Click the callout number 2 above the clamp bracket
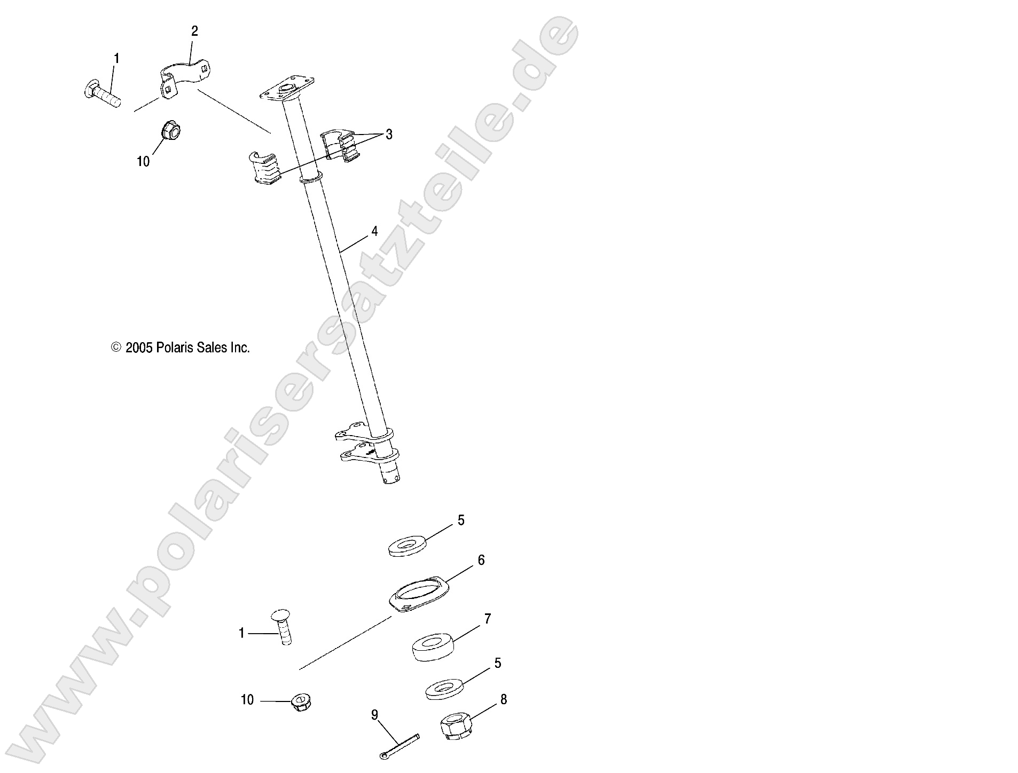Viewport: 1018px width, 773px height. point(194,31)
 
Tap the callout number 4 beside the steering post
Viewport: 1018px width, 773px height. point(374,231)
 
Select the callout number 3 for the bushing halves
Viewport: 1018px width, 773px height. point(389,135)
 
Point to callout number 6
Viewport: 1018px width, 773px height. point(481,560)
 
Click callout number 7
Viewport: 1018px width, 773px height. point(487,619)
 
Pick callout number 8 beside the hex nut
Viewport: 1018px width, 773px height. point(503,699)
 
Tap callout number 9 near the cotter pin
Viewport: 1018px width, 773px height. point(374,714)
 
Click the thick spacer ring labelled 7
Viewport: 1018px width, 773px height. point(433,647)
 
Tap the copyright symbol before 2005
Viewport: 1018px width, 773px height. point(116,348)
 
